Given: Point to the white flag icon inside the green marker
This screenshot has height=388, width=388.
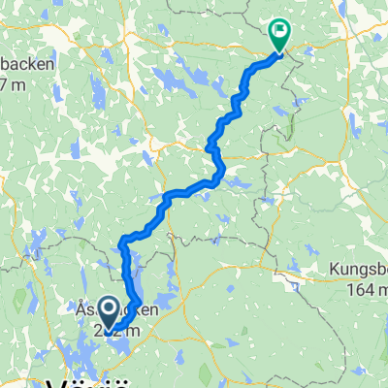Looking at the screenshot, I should tap(280, 29).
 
